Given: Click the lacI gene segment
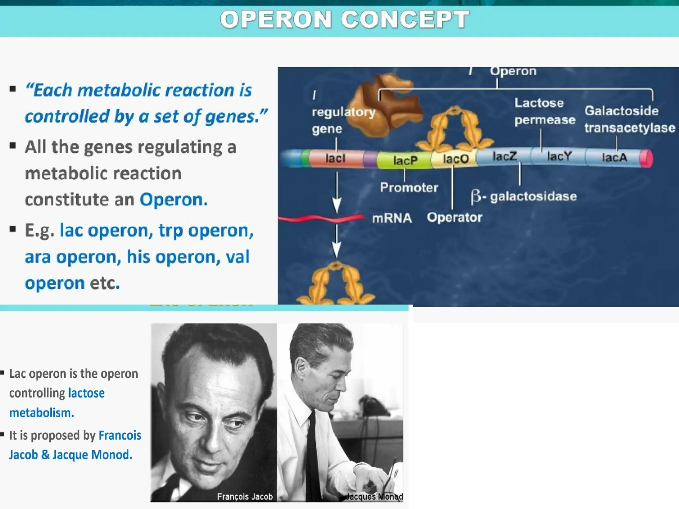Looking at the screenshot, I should [x=336, y=158].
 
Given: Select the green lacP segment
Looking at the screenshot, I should [x=404, y=160].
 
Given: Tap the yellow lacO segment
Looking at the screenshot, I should [x=455, y=159].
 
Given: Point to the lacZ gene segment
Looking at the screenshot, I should [x=504, y=156].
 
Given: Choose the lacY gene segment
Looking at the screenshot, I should [x=559, y=156].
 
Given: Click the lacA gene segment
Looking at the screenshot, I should [x=614, y=157].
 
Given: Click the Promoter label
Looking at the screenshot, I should [x=409, y=188].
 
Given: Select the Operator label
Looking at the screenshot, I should [x=454, y=217].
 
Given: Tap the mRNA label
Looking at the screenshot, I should [x=392, y=218].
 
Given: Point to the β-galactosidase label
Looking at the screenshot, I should [x=524, y=196].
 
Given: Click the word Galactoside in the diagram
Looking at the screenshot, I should [x=621, y=111].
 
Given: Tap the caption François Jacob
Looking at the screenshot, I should [x=245, y=496].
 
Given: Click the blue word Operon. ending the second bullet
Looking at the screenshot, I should [x=173, y=199].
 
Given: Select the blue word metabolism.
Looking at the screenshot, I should [x=41, y=413].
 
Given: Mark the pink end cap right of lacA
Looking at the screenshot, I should [x=646, y=158].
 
